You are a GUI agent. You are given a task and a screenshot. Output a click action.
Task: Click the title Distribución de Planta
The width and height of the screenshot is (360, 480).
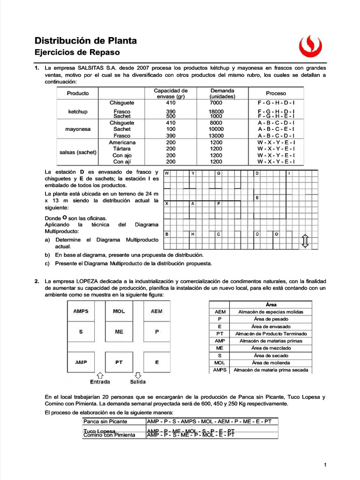[86, 41]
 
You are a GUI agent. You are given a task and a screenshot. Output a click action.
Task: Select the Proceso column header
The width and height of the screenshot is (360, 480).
[276, 93]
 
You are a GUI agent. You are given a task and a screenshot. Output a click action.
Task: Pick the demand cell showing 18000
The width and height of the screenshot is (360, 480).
[216, 112]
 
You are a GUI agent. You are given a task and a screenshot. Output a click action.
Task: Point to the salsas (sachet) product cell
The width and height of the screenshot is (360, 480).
[78, 152]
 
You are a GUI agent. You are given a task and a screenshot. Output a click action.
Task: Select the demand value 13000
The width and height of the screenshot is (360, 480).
[216, 135]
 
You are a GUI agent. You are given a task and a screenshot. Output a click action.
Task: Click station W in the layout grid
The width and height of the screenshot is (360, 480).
[166, 173]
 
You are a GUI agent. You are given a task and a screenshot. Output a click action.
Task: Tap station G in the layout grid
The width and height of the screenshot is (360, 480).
[219, 173]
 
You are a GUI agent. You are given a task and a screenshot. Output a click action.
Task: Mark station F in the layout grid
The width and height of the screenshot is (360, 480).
[219, 204]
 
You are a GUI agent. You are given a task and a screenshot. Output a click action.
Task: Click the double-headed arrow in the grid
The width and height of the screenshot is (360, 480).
[305, 241]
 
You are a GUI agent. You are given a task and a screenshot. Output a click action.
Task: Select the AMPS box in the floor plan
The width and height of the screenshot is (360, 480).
[81, 311]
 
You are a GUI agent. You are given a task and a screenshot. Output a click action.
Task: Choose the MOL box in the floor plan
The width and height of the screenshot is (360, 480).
[119, 311]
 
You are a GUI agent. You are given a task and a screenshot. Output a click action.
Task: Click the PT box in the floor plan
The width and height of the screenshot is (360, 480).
[119, 362]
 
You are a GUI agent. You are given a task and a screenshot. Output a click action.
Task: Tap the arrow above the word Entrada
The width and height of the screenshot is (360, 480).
[99, 375]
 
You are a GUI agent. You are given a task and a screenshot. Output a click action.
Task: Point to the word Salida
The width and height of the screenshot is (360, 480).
[138, 382]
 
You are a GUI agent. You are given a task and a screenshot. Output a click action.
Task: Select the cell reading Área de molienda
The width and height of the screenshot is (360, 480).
[270, 363]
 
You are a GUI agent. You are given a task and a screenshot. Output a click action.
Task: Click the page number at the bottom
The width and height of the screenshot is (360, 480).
[324, 465]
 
